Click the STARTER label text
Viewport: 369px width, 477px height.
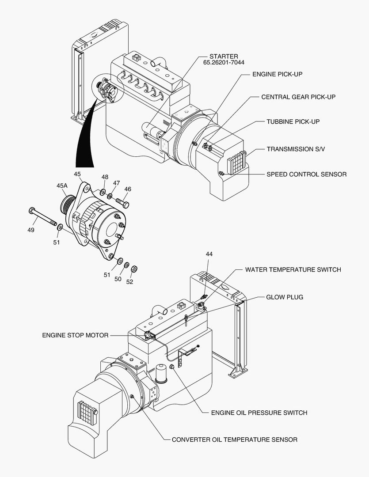pos(224,56)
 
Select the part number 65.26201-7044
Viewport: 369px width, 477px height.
pos(224,63)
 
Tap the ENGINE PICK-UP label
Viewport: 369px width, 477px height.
pos(277,74)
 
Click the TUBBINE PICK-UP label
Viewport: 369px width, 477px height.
pos(293,121)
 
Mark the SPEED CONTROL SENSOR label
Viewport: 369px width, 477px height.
pos(306,174)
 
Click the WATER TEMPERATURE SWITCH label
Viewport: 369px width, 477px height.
pos(293,269)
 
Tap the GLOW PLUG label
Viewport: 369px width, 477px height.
pos(285,297)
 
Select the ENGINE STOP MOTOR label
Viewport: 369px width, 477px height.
pos(75,335)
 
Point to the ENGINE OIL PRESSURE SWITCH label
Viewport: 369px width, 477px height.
pos(259,413)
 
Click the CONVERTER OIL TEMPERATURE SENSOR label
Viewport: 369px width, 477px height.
pos(234,439)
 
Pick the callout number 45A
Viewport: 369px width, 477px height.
pos(62,186)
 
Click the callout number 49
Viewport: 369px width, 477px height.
pos(30,230)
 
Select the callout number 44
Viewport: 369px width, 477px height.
pos(209,254)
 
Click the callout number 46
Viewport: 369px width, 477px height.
pos(128,189)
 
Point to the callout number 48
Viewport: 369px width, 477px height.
pos(105,177)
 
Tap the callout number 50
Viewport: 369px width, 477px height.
pos(118,279)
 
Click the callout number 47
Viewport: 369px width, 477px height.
pos(116,183)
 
